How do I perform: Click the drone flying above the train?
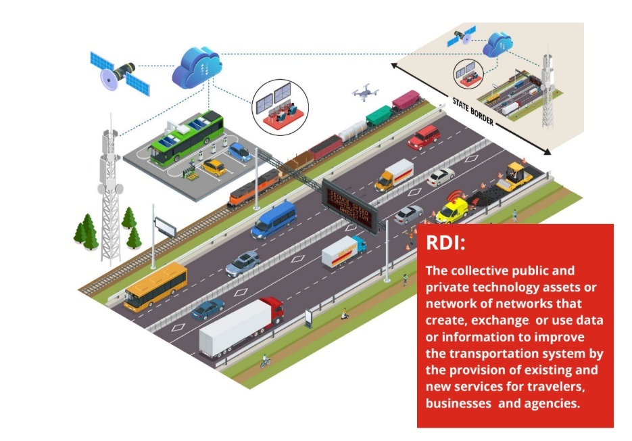pyautogui.click(x=366, y=93)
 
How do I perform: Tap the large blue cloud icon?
pyautogui.click(x=197, y=66)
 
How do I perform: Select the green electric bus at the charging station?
pyautogui.click(x=187, y=137)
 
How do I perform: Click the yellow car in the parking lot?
pyautogui.click(x=214, y=166)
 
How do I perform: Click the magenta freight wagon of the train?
pyautogui.click(x=407, y=101)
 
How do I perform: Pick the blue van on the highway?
pyautogui.click(x=274, y=219)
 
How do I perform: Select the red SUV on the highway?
pyautogui.click(x=424, y=137)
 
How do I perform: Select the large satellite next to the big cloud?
pyautogui.click(x=120, y=73)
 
